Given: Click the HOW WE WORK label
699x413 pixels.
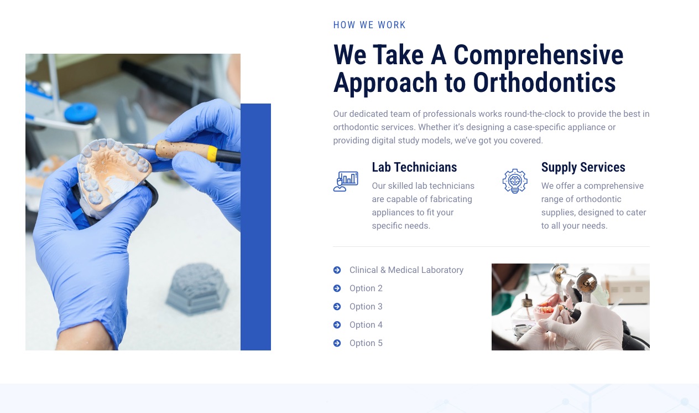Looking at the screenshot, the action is tap(369, 25).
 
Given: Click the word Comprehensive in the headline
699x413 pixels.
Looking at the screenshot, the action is tap(538, 55).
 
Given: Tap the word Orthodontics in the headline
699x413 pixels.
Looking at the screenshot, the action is tap(544, 83).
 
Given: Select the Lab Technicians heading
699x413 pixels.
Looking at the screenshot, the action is tap(414, 167).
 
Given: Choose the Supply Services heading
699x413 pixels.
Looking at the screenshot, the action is tap(583, 167).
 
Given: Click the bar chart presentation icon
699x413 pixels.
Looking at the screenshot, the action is tap(346, 181).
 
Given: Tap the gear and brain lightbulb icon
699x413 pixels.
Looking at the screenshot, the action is tap(515, 181).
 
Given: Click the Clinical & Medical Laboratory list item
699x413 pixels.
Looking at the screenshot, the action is tap(406, 270).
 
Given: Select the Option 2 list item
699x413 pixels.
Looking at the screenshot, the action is tap(366, 288).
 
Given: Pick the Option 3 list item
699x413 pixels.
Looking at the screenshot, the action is tap(366, 307).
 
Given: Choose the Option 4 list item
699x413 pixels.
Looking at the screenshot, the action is tap(366, 324).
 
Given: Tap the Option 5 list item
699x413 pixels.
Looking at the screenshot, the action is tap(366, 343).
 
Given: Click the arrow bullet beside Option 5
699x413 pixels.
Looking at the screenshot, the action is tap(337, 343).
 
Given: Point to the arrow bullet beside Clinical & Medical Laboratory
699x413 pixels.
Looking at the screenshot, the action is tap(337, 270).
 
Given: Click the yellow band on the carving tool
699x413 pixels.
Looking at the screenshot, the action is tap(212, 154).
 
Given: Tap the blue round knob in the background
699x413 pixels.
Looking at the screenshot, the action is tap(81, 112).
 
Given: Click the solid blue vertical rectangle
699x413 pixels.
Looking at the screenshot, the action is tap(255, 227).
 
